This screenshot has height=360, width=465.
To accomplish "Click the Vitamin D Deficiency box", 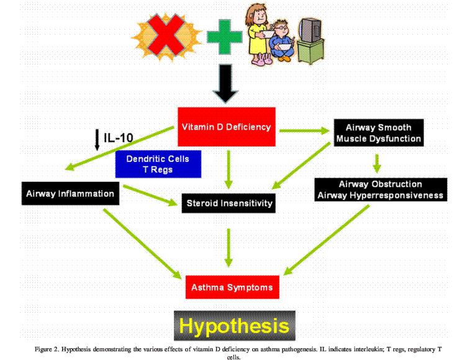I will coord(226,127).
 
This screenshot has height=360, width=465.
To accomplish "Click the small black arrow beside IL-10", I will coord(97,138).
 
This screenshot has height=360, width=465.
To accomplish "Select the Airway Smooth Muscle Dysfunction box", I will coord(379,132).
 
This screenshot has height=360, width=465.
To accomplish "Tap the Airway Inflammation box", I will coord(70,194).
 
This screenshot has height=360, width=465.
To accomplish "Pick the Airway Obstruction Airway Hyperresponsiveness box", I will coord(380,189).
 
